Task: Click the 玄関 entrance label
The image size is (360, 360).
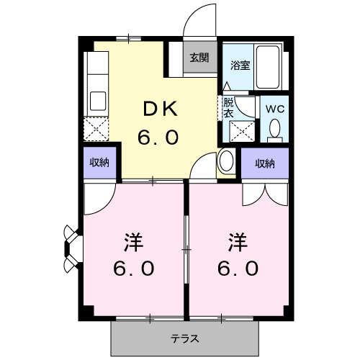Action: coord(199,58)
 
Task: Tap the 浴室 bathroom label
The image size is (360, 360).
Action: coord(240,65)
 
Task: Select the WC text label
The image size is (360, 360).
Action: coord(275,109)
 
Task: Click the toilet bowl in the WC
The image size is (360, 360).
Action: coord(275,130)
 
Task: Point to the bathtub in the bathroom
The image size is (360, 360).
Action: coord(268,67)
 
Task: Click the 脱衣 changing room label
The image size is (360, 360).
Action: coord(228,108)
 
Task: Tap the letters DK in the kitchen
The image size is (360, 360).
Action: coord(161,109)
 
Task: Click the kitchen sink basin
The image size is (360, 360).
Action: coord(98,101)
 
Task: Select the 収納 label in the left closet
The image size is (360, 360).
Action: coord(99,163)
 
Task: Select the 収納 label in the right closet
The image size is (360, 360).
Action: coord(265,163)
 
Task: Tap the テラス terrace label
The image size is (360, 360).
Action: coord(185,338)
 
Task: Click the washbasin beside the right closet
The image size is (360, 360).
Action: coord(226,161)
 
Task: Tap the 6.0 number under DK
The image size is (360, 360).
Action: coord(158,138)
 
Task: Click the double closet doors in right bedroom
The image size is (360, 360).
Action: coord(265,195)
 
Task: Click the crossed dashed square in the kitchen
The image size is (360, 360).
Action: coord(96,129)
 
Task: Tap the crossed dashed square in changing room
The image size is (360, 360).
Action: coord(242,132)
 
